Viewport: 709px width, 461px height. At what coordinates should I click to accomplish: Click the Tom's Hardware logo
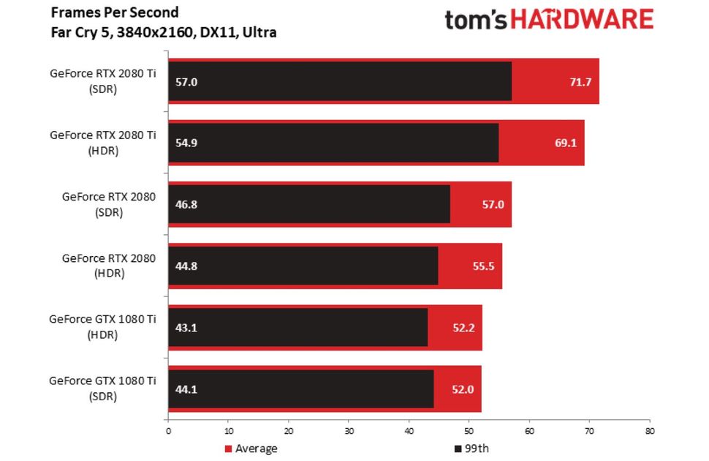tap(549, 20)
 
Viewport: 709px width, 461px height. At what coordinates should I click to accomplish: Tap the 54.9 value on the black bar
tap(186, 143)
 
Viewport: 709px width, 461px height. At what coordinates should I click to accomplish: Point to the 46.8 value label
tap(186, 204)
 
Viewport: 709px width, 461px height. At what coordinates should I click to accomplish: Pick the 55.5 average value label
tap(483, 266)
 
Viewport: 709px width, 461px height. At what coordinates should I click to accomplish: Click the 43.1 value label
tap(186, 327)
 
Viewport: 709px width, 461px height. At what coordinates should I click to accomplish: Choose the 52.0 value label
tap(463, 389)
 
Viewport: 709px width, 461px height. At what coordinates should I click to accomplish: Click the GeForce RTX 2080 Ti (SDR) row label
tap(103, 80)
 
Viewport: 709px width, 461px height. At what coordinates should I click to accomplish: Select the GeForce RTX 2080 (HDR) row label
tap(109, 266)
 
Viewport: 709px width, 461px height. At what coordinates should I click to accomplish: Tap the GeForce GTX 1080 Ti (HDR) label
tap(103, 327)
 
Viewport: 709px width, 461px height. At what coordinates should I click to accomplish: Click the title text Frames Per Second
tap(115, 12)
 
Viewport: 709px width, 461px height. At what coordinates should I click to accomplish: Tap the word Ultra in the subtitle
tap(260, 32)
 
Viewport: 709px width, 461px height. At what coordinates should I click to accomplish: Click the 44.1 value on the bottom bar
tap(186, 389)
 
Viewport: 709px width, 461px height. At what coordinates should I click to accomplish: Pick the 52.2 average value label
tap(463, 327)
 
